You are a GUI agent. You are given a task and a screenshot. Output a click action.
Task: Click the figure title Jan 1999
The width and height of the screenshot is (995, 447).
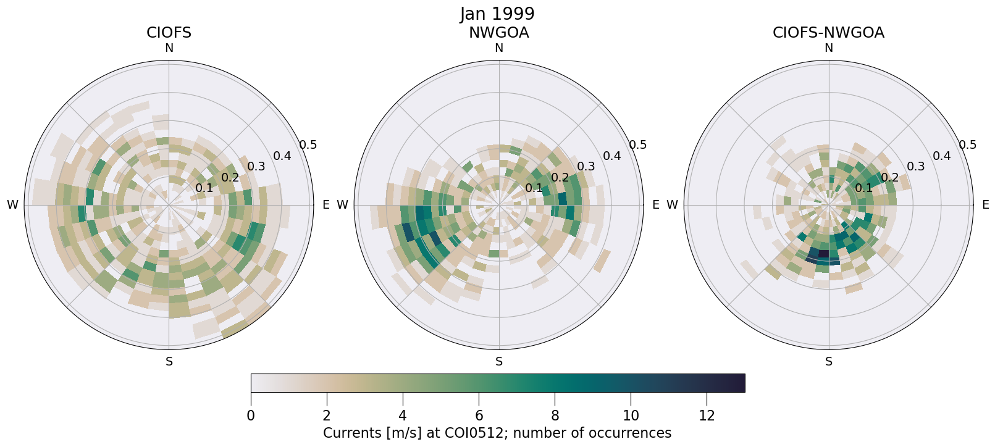[497, 14]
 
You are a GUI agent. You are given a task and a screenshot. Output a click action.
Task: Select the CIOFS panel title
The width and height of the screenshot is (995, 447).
[169, 33]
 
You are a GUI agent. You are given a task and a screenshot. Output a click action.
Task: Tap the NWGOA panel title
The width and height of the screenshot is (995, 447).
[498, 33]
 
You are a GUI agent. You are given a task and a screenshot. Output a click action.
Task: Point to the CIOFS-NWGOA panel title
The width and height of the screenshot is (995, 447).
[828, 33]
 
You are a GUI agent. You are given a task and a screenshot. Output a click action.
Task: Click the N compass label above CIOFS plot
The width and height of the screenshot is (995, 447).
[169, 48]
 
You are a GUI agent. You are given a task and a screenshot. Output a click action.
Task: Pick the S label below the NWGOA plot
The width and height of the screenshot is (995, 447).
[499, 362]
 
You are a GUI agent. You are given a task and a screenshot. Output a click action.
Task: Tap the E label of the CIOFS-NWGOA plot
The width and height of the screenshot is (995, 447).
[985, 205]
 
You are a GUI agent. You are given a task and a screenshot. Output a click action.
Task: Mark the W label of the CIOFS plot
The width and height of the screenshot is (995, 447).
[12, 205]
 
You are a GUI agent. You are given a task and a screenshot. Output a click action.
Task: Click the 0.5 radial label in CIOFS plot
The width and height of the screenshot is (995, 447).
[308, 145]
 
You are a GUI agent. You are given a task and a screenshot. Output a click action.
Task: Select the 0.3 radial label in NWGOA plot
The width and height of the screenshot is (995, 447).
[586, 167]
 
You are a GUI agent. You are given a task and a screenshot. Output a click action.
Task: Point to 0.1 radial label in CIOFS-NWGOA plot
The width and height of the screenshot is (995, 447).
[863, 188]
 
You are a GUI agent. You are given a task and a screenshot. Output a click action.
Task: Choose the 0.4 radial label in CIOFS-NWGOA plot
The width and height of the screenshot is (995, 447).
[941, 156]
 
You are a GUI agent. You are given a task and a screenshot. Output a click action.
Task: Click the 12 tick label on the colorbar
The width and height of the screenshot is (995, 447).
[707, 416]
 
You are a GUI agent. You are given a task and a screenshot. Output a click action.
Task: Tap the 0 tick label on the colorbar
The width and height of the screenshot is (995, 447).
[251, 416]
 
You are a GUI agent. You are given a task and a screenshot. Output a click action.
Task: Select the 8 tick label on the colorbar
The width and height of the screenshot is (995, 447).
[555, 416]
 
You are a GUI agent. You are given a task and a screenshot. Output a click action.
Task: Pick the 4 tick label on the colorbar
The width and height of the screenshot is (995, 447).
[403, 416]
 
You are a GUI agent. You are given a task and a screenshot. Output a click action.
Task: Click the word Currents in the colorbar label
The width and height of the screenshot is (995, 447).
[350, 433]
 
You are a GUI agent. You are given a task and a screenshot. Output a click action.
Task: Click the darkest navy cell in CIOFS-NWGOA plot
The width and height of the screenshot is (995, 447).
[823, 253]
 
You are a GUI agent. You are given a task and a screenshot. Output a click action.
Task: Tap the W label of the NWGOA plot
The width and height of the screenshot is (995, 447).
[342, 205]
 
